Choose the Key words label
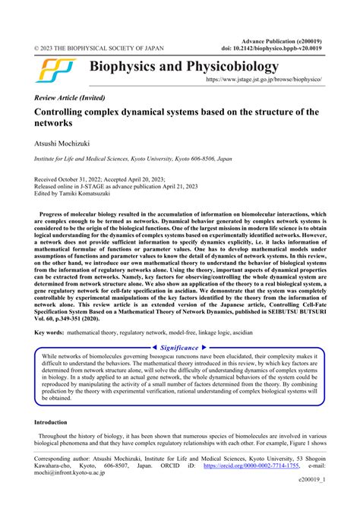click(x=52, y=333)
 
